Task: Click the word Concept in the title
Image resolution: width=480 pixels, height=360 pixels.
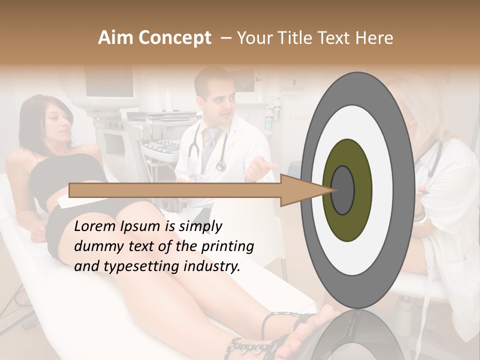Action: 174,38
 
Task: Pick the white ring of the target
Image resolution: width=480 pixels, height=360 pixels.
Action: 385,190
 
